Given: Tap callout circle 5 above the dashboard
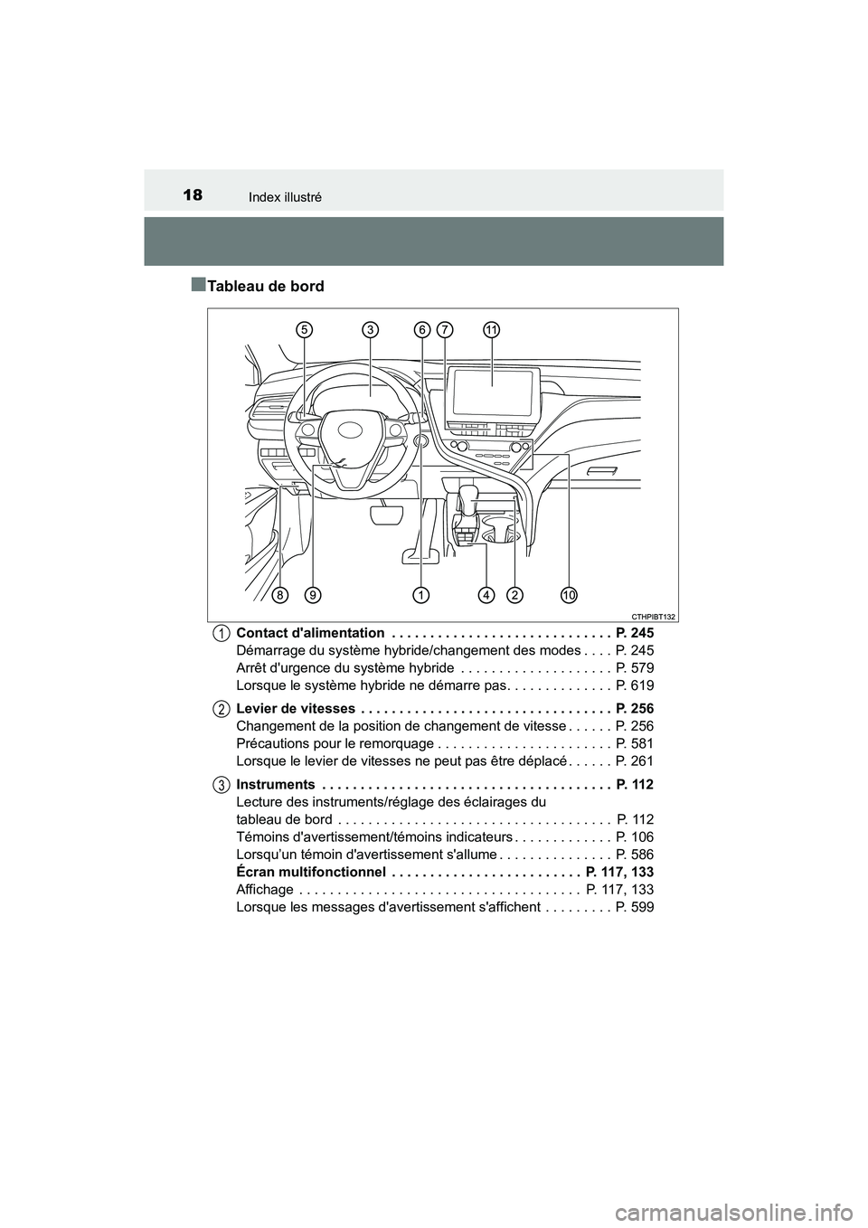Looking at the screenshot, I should [x=305, y=331].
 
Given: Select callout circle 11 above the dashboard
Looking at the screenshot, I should [x=492, y=331].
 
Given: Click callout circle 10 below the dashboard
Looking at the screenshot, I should [x=569, y=595].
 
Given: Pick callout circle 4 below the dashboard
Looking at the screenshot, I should [x=486, y=595].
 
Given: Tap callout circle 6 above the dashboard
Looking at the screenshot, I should [x=422, y=331].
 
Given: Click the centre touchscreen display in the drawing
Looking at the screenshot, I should [x=492, y=391].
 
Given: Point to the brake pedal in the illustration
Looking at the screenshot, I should [x=386, y=515].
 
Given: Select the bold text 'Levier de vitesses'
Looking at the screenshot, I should [x=295, y=708].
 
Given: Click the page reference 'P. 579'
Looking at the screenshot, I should [x=634, y=668].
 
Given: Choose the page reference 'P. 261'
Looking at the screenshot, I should [x=634, y=761].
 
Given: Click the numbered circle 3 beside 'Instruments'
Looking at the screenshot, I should [x=222, y=784].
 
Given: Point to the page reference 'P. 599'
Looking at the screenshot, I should [x=634, y=907].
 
